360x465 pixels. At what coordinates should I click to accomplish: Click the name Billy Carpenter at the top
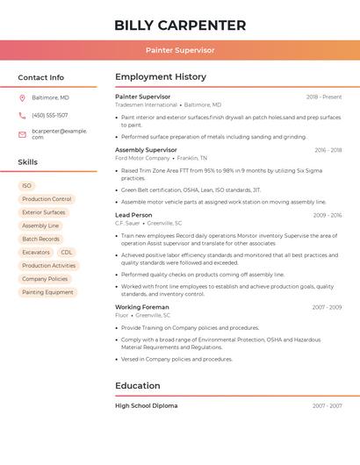pos(180,25)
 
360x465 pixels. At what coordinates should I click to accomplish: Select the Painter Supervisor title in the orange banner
pos(180,50)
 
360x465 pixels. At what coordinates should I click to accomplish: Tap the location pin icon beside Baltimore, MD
pos(22,97)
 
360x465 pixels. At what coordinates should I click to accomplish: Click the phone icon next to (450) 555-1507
pos(22,115)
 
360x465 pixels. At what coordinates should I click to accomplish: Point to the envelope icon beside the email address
pos(22,134)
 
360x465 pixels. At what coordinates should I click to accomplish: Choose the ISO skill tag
pos(26,186)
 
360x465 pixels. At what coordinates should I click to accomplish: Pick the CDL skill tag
pos(67,252)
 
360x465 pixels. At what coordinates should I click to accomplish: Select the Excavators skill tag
pos(36,252)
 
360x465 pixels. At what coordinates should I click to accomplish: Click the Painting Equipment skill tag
pos(47,292)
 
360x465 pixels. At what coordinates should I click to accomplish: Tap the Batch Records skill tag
pos(41,239)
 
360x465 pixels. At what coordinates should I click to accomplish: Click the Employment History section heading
pos(161,77)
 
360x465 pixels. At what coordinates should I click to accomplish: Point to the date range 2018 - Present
pos(324,97)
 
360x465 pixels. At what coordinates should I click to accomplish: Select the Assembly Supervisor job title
pos(146,150)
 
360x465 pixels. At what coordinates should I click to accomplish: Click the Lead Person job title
pos(133,215)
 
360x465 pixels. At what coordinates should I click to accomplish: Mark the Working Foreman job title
pos(141,307)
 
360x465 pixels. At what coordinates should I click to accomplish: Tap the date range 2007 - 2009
pos(327,307)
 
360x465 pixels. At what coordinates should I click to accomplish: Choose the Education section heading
pos(138,385)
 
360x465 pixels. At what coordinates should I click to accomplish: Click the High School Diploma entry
pos(146,406)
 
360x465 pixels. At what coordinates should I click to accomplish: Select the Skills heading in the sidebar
pos(28,162)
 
